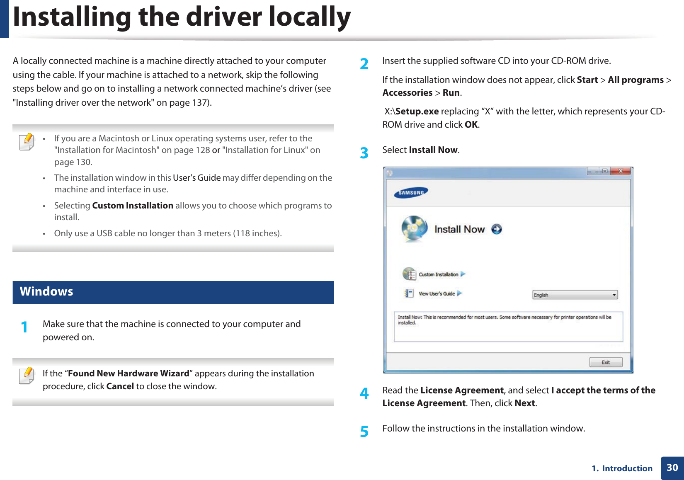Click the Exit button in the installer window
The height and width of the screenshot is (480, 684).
[606, 362]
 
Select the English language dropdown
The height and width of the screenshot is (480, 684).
[575, 295]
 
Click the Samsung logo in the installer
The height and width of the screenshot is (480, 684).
[411, 192]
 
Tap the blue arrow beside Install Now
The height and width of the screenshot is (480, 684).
[496, 229]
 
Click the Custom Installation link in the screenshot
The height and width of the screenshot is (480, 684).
[438, 274]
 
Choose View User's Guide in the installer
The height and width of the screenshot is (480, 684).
[437, 293]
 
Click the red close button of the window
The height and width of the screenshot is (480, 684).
[621, 171]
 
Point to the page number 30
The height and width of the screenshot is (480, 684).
[672, 468]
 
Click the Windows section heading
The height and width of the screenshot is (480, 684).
[46, 292]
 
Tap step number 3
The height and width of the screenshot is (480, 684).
[364, 153]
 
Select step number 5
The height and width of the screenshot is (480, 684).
[364, 432]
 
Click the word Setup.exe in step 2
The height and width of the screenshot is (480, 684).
[417, 112]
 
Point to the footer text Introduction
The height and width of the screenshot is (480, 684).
[627, 468]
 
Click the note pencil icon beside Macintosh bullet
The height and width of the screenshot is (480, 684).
[27, 142]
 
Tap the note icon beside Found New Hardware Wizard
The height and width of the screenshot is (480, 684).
[27, 376]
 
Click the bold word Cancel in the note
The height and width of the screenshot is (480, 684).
[120, 386]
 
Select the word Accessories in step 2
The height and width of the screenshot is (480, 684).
[407, 93]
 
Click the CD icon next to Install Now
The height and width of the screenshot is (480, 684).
[414, 228]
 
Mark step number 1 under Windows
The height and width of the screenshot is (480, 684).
[24, 327]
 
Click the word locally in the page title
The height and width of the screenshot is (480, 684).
[309, 17]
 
